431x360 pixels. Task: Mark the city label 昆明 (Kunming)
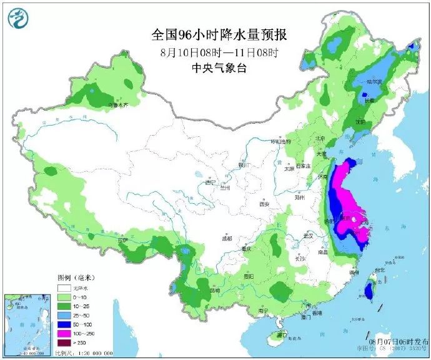click(x=215, y=291)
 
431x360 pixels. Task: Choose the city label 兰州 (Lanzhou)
click(x=225, y=187)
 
